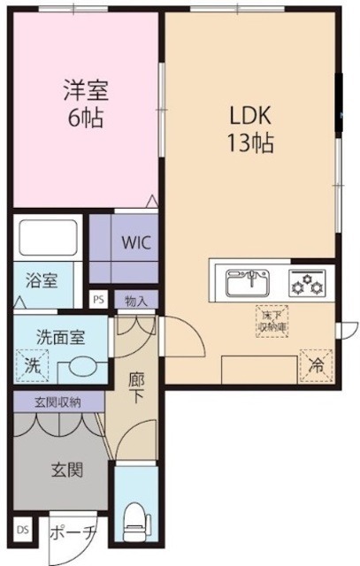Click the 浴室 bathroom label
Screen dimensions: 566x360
point(41,281)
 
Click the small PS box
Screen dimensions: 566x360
point(98,299)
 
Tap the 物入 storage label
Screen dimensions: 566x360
point(136,299)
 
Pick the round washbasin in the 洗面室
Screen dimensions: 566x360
point(80,366)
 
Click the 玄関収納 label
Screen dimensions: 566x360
point(57,402)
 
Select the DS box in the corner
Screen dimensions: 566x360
point(22,534)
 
